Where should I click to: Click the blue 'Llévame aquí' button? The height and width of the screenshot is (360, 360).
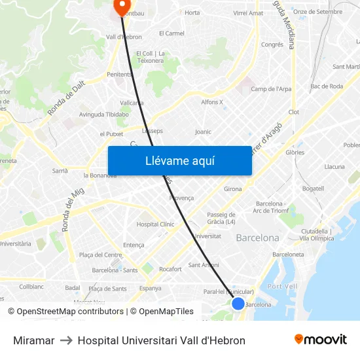179,161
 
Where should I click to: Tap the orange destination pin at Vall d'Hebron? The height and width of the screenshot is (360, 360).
121,6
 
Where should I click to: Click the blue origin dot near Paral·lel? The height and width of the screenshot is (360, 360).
238,303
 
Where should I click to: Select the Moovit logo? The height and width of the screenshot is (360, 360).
320,340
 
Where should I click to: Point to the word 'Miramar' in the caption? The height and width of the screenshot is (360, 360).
33,340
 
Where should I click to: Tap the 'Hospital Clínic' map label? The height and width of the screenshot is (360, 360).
155,224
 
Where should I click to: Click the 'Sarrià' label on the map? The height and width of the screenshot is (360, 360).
60,170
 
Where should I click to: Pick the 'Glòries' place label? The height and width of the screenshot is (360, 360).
295,152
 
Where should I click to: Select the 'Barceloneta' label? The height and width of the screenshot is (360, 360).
288,254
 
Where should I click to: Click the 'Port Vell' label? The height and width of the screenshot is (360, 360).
282,286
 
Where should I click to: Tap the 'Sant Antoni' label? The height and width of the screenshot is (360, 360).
204,265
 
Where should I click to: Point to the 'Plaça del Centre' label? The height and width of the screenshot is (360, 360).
100,255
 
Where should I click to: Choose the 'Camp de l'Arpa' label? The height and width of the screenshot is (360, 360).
271,89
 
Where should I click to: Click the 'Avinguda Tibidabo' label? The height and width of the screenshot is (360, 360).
103,114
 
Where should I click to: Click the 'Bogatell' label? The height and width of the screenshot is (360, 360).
313,189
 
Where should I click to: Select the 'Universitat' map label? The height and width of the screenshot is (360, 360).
207,236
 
